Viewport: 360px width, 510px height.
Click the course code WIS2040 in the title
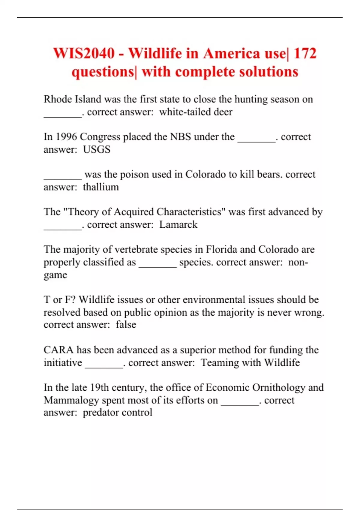[x=84, y=54]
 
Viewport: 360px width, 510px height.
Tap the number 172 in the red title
[x=305, y=54]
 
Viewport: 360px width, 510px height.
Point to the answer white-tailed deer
[x=196, y=112]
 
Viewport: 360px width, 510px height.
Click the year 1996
[x=67, y=137]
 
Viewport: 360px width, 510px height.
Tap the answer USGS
[x=97, y=149]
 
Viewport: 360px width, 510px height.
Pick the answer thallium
[x=101, y=187]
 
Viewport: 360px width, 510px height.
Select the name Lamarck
[x=178, y=225]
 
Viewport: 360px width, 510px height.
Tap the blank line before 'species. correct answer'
[x=158, y=266]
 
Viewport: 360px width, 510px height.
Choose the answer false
[x=126, y=325]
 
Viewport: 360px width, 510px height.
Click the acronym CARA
[x=58, y=350]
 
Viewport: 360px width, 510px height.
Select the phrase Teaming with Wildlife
[x=250, y=363]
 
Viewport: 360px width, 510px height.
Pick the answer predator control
[x=118, y=412]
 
